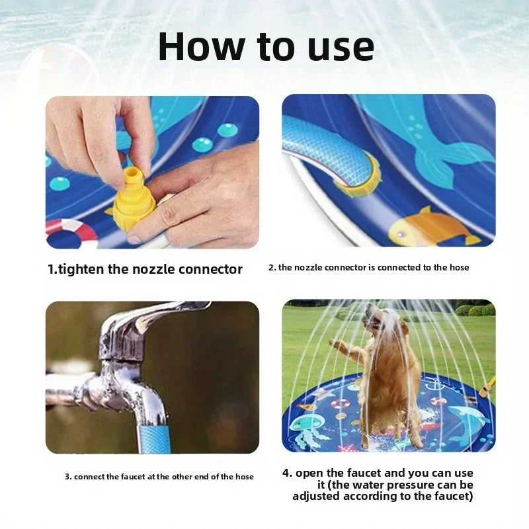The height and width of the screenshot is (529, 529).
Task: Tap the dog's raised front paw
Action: pos(338,345)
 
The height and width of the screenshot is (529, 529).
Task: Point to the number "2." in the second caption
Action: pos(272,268)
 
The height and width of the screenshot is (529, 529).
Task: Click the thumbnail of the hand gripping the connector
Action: pos(152,172)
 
